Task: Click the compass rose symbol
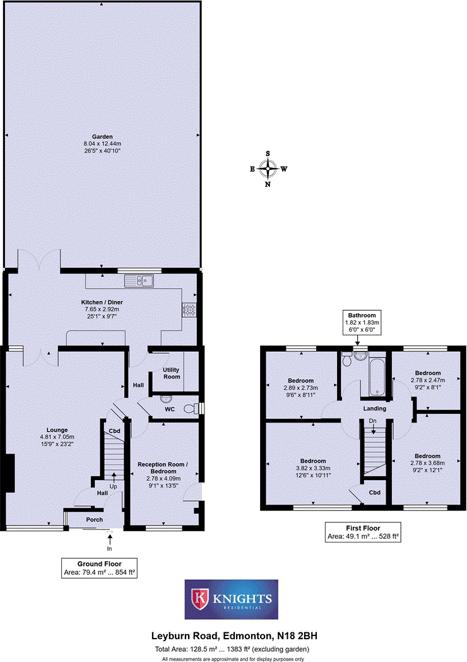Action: coord(269,169)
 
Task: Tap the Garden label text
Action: coord(102,136)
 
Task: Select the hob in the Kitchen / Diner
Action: coord(189,309)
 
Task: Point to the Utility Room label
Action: coord(171,372)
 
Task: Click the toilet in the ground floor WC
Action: coord(191,409)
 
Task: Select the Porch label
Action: coord(95,520)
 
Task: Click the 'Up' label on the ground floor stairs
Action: coord(114,487)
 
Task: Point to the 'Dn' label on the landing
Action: coord(373,421)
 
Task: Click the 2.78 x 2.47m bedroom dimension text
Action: coord(427,380)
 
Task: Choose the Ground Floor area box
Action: coord(99,568)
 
